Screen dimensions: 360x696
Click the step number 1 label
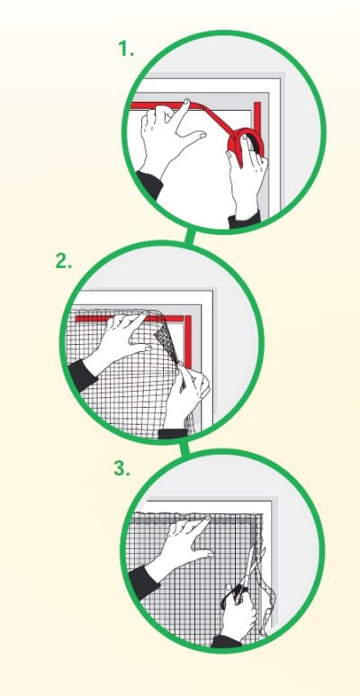(x=126, y=49)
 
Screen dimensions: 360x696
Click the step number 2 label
(x=64, y=261)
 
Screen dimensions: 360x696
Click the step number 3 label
(x=121, y=468)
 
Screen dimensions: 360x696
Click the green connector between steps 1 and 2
(x=190, y=236)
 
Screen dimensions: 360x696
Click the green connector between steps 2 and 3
(x=184, y=447)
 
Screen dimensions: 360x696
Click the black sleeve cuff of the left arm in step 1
(x=148, y=184)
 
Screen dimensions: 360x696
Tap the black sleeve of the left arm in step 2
(x=81, y=375)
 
